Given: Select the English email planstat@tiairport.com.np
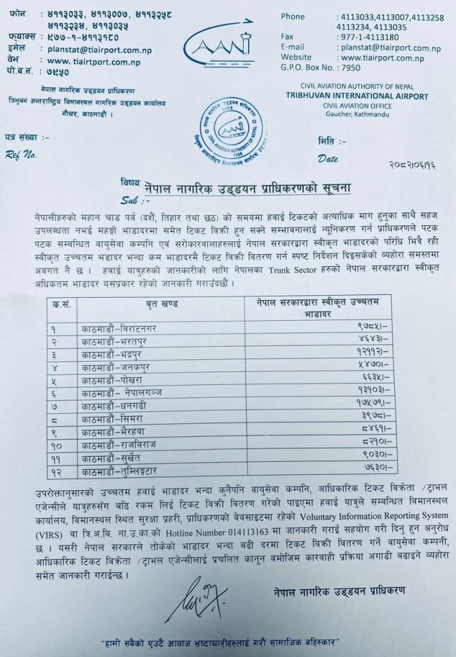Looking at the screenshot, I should coord(391,48).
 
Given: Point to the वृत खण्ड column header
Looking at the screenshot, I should coord(160,304).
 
